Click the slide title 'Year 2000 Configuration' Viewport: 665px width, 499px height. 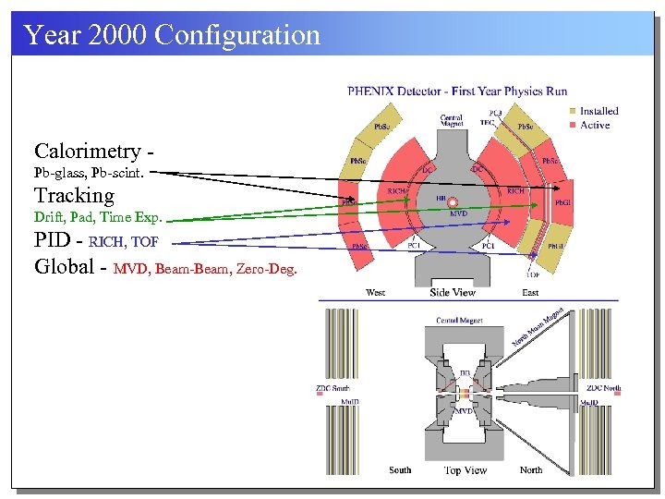click(172, 35)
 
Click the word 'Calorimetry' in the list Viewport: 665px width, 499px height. click(88, 152)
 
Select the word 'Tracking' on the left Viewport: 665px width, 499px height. click(74, 196)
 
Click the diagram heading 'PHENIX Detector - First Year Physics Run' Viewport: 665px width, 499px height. click(457, 91)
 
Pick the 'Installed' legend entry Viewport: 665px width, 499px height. click(598, 111)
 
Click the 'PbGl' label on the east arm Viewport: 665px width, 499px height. click(562, 202)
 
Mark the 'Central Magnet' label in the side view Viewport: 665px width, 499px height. click(452, 121)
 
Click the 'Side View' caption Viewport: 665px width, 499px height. click(453, 293)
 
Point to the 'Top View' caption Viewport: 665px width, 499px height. click(465, 470)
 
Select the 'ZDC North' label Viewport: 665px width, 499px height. click(603, 388)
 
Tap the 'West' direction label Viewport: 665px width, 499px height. click(376, 293)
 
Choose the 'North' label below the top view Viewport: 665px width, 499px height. click(531, 470)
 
